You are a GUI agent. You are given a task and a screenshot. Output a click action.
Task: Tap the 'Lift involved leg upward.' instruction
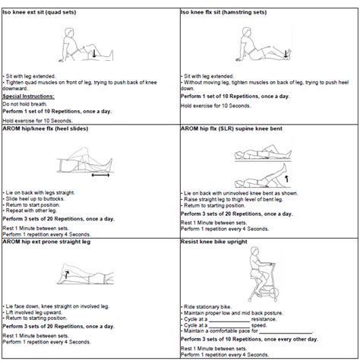[x=35, y=311]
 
